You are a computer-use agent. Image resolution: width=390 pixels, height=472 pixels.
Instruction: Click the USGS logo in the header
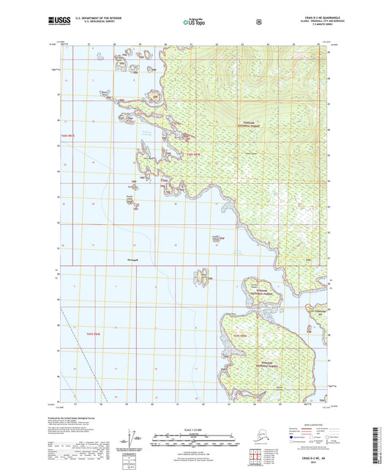point(56,21)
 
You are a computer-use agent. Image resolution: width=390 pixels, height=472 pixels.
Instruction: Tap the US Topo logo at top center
point(194,23)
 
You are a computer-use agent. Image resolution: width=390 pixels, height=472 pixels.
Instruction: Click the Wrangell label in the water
point(132,259)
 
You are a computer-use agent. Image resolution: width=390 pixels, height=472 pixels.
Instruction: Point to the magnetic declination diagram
point(134,439)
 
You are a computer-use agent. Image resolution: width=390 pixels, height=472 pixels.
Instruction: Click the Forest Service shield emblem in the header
point(258,21)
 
